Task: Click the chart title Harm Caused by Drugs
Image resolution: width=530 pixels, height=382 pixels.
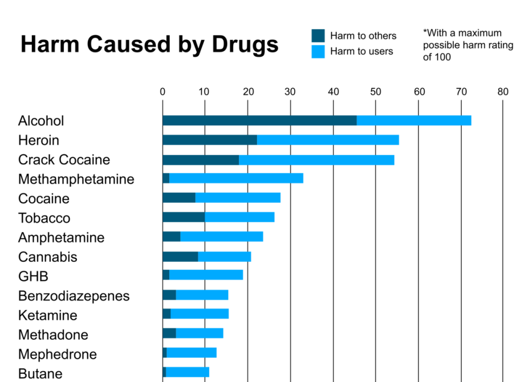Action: (149, 44)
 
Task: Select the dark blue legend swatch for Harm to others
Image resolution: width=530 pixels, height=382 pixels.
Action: (318, 36)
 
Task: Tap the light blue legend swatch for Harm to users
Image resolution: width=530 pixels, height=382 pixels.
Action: (318, 52)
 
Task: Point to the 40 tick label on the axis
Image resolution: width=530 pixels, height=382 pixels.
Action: (333, 92)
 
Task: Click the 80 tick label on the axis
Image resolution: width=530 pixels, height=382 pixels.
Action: (503, 92)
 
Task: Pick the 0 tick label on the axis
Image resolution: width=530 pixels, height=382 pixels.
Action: (162, 92)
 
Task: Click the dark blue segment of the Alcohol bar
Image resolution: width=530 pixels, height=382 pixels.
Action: (259, 120)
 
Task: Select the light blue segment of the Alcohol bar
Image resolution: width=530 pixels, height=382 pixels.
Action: (414, 120)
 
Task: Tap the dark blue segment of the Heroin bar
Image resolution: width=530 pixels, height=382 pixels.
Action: (209, 140)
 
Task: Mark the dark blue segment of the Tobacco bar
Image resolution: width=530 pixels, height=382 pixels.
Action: (183, 217)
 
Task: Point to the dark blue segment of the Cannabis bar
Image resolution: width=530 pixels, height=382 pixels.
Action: (180, 256)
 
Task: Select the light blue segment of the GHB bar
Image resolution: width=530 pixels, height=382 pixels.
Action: (206, 275)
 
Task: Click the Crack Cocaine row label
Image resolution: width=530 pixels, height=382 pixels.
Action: (64, 160)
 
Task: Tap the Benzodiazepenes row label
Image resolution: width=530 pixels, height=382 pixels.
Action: (74, 296)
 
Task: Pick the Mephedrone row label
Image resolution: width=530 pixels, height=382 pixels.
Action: (57, 354)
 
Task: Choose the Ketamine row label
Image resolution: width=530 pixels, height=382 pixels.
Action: (48, 315)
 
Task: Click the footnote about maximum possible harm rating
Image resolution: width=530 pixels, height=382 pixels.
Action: (467, 45)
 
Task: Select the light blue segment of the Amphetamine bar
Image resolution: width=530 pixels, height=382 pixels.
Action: (221, 236)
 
